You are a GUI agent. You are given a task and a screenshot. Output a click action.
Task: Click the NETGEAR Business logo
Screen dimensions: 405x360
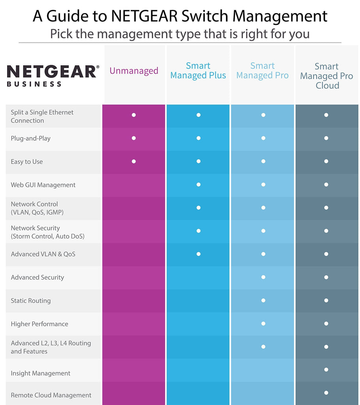click(x=53, y=75)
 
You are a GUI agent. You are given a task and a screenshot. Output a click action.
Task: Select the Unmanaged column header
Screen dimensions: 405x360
click(x=134, y=71)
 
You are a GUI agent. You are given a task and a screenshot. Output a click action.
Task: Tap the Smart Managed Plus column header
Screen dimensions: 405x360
click(x=198, y=71)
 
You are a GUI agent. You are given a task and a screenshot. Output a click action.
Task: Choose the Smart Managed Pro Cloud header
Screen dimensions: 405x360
click(x=326, y=76)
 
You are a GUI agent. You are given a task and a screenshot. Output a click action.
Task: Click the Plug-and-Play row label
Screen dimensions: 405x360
click(x=30, y=138)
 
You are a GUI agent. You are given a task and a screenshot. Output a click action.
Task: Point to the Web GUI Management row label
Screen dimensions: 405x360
click(x=43, y=185)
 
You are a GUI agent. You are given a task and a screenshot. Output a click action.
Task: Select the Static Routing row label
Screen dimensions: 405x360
click(x=30, y=301)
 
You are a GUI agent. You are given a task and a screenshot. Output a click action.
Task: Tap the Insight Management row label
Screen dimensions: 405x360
click(x=40, y=373)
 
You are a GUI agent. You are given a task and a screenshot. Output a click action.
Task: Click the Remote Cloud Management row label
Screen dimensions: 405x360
click(x=51, y=395)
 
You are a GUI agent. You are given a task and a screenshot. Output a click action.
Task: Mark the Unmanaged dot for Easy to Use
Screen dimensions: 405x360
click(x=134, y=161)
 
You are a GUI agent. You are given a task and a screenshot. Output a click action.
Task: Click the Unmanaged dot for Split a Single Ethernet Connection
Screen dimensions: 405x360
click(x=134, y=115)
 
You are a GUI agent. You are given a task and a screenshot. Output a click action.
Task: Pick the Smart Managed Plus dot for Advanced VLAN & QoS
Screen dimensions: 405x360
click(x=198, y=254)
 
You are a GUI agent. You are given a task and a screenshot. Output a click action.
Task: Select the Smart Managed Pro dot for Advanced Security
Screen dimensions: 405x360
click(x=263, y=277)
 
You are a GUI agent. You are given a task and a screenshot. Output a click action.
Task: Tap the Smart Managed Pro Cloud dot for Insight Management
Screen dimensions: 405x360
click(x=326, y=369)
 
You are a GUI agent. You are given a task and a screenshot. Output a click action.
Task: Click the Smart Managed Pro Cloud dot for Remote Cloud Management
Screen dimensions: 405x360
click(x=326, y=393)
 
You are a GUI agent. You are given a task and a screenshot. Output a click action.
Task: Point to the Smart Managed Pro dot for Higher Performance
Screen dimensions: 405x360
click(x=263, y=324)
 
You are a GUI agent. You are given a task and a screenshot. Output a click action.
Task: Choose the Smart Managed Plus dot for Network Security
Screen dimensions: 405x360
click(x=198, y=231)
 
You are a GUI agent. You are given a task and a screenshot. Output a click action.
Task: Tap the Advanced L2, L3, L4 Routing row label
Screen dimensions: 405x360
click(x=51, y=347)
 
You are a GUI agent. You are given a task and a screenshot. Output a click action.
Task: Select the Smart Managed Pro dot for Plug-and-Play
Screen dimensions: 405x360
click(x=263, y=138)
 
